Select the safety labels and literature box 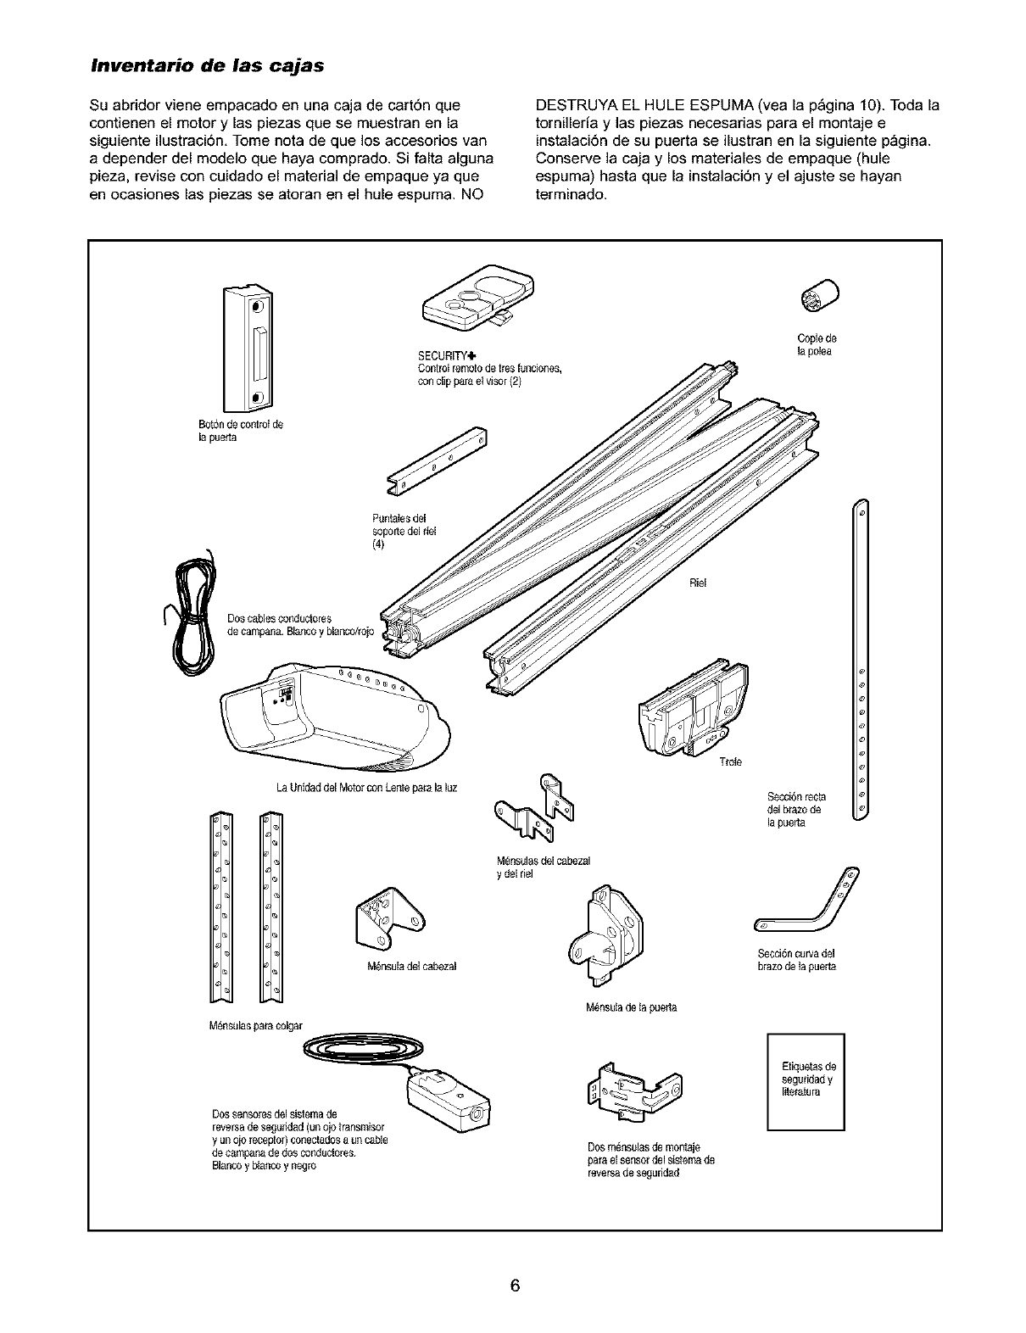(x=806, y=1081)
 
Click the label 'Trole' (x=730, y=761)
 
